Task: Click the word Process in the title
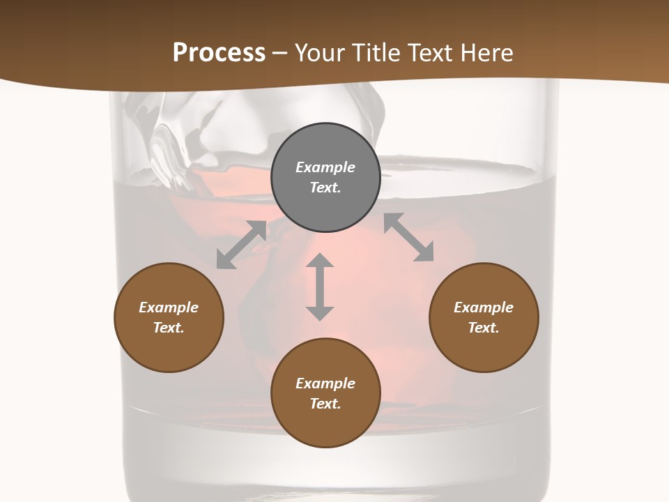coord(219,53)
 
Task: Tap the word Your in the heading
coord(320,53)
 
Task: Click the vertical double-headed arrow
coord(320,287)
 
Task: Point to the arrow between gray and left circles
coord(241,245)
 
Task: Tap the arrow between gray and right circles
coord(409,237)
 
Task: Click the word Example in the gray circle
coord(325,167)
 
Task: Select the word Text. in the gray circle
coord(325,188)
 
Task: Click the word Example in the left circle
coord(169,307)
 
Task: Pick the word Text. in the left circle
coord(169,328)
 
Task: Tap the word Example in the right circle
coord(484,307)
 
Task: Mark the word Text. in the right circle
coord(484,328)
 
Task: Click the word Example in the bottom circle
coord(325,383)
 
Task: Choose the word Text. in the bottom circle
coord(325,404)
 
